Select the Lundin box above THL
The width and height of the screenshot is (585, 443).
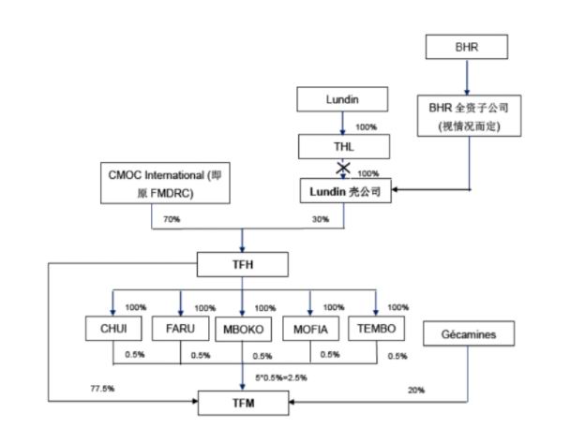(341, 96)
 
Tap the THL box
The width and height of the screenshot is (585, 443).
(341, 147)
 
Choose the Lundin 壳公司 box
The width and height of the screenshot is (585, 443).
(341, 189)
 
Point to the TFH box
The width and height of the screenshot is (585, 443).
(243, 265)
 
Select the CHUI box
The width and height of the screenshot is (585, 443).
(112, 329)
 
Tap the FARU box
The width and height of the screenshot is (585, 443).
(180, 329)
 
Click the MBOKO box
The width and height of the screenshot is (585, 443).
(243, 329)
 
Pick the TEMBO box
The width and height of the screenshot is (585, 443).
(376, 329)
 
